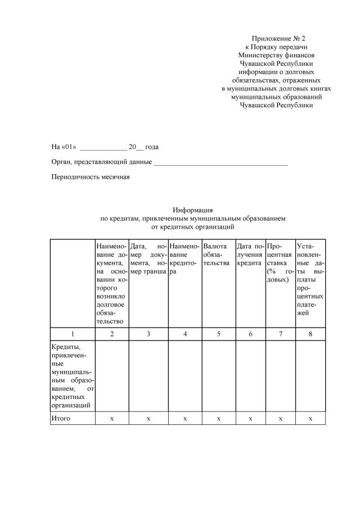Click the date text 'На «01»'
pyautogui.click(x=64, y=147)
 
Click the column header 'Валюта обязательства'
pyautogui.click(x=217, y=255)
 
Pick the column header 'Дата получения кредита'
pyautogui.click(x=250, y=255)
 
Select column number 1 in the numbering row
pyautogui.click(x=72, y=334)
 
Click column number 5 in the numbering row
pyautogui.click(x=219, y=334)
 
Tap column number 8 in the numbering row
pyautogui.click(x=310, y=334)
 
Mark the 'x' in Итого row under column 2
pyautogui.click(x=111, y=419)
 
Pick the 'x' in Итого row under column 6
pyautogui.click(x=250, y=419)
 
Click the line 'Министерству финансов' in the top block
pyautogui.click(x=276, y=55)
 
